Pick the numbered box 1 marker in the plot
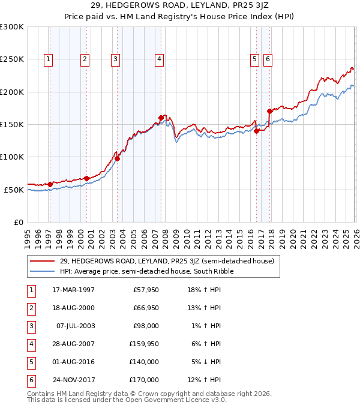[48, 59]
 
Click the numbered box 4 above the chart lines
[159, 59]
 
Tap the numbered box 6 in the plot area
[268, 59]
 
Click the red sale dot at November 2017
[270, 112]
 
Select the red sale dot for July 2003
[118, 158]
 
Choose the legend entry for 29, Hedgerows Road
[167, 261]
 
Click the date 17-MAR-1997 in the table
[73, 290]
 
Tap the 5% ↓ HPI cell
[207, 362]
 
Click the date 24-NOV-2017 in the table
[73, 380]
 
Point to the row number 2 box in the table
[30, 308]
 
